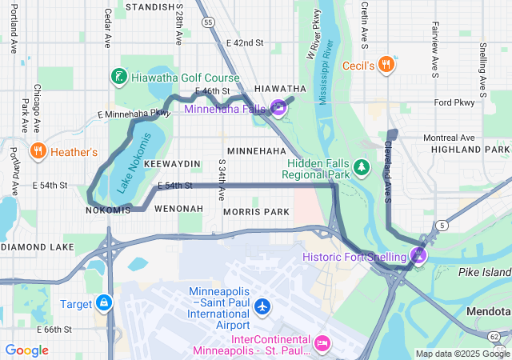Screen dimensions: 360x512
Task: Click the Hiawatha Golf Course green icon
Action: tap(119, 77)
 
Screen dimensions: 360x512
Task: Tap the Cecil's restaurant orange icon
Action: tap(386, 64)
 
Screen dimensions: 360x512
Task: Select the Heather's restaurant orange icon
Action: tap(38, 151)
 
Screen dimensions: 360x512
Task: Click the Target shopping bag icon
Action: tap(103, 303)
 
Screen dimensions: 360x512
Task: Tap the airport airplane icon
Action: tap(262, 306)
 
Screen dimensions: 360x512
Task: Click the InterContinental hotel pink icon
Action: tap(322, 342)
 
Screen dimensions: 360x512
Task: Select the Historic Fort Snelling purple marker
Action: tap(418, 255)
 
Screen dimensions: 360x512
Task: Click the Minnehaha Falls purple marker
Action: tap(278, 107)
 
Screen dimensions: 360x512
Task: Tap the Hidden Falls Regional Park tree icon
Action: tap(362, 166)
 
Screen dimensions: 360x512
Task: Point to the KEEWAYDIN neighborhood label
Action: tap(171, 163)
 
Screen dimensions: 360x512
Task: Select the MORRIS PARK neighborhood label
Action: tap(256, 211)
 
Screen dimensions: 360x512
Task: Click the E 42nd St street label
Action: tap(245, 42)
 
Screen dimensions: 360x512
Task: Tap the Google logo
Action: tap(26, 350)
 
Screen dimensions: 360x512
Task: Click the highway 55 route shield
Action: tap(208, 23)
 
